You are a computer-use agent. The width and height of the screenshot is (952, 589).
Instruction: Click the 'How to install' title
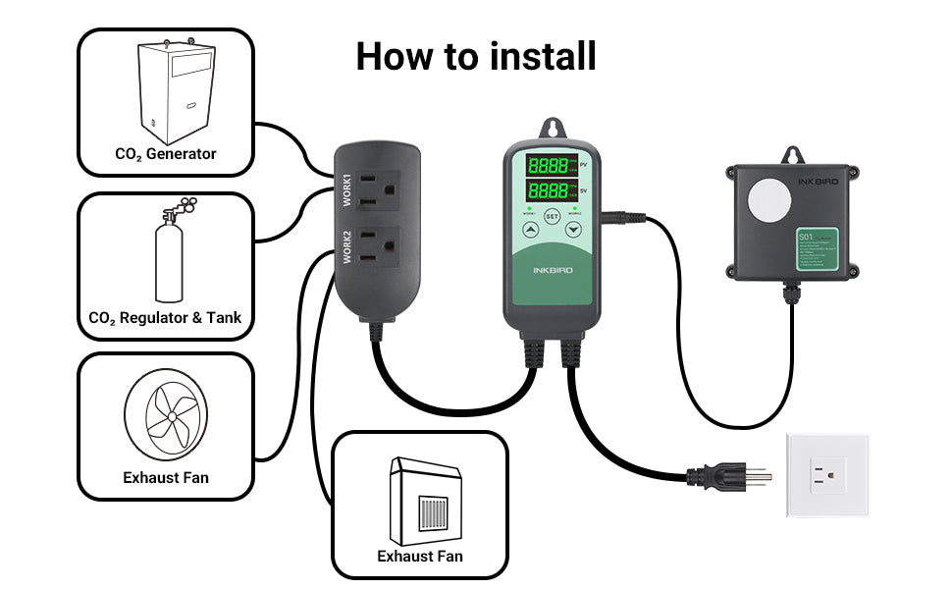coord(476,56)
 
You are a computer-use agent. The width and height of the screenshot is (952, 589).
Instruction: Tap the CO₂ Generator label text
coord(166,154)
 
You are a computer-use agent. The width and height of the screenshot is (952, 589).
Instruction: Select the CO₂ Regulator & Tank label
coord(165,318)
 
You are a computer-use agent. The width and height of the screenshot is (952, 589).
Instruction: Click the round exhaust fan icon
coord(166,416)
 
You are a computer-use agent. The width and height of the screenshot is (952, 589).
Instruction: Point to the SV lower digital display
coord(547,189)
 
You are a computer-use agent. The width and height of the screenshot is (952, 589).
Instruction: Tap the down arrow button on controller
coord(573,232)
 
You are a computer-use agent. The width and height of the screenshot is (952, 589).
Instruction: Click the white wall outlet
coord(825,476)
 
